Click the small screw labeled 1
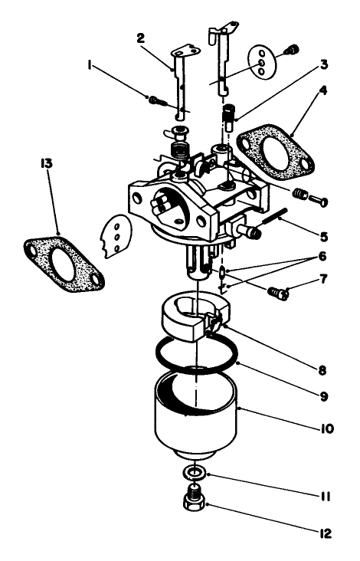(155, 100)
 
